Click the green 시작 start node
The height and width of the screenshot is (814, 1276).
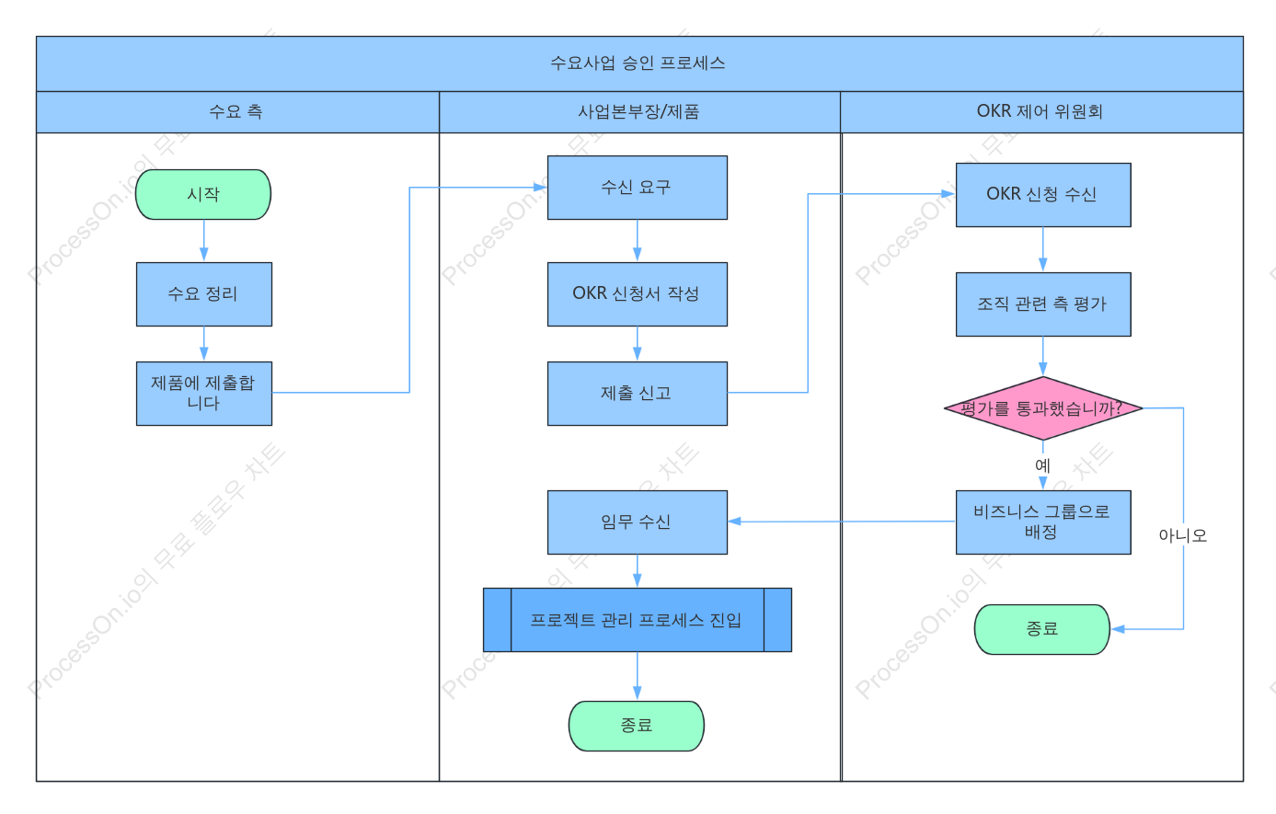pyautogui.click(x=203, y=194)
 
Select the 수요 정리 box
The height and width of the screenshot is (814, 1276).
pyautogui.click(x=204, y=294)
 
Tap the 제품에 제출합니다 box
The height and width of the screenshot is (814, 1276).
pyautogui.click(x=204, y=393)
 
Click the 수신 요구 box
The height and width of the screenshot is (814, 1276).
pyautogui.click(x=637, y=188)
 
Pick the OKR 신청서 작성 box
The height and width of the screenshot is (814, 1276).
pyautogui.click(x=637, y=294)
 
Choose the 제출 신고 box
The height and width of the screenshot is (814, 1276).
pyautogui.click(x=637, y=393)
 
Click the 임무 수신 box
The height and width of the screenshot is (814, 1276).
pyautogui.click(x=637, y=522)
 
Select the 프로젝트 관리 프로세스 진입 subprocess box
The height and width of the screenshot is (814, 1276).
pyautogui.click(x=637, y=620)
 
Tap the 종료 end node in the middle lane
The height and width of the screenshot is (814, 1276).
pyautogui.click(x=637, y=726)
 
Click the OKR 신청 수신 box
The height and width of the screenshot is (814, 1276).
pyautogui.click(x=1043, y=195)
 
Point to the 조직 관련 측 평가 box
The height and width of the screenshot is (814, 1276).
pyautogui.click(x=1043, y=304)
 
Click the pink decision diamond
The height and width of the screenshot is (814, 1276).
pyautogui.click(x=1043, y=407)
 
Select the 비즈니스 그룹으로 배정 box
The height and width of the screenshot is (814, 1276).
pyautogui.click(x=1043, y=522)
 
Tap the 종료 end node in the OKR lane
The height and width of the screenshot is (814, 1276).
pyautogui.click(x=1042, y=629)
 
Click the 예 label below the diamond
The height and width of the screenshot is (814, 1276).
pyautogui.click(x=1042, y=465)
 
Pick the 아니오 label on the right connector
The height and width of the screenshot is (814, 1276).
pyautogui.click(x=1182, y=535)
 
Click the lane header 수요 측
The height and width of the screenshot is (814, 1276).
pyautogui.click(x=236, y=111)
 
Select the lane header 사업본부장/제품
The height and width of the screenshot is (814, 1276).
pyautogui.click(x=638, y=111)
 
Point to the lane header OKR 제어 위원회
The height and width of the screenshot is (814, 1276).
pyautogui.click(x=1040, y=111)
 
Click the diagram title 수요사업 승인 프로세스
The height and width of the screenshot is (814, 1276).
pyautogui.click(x=638, y=63)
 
